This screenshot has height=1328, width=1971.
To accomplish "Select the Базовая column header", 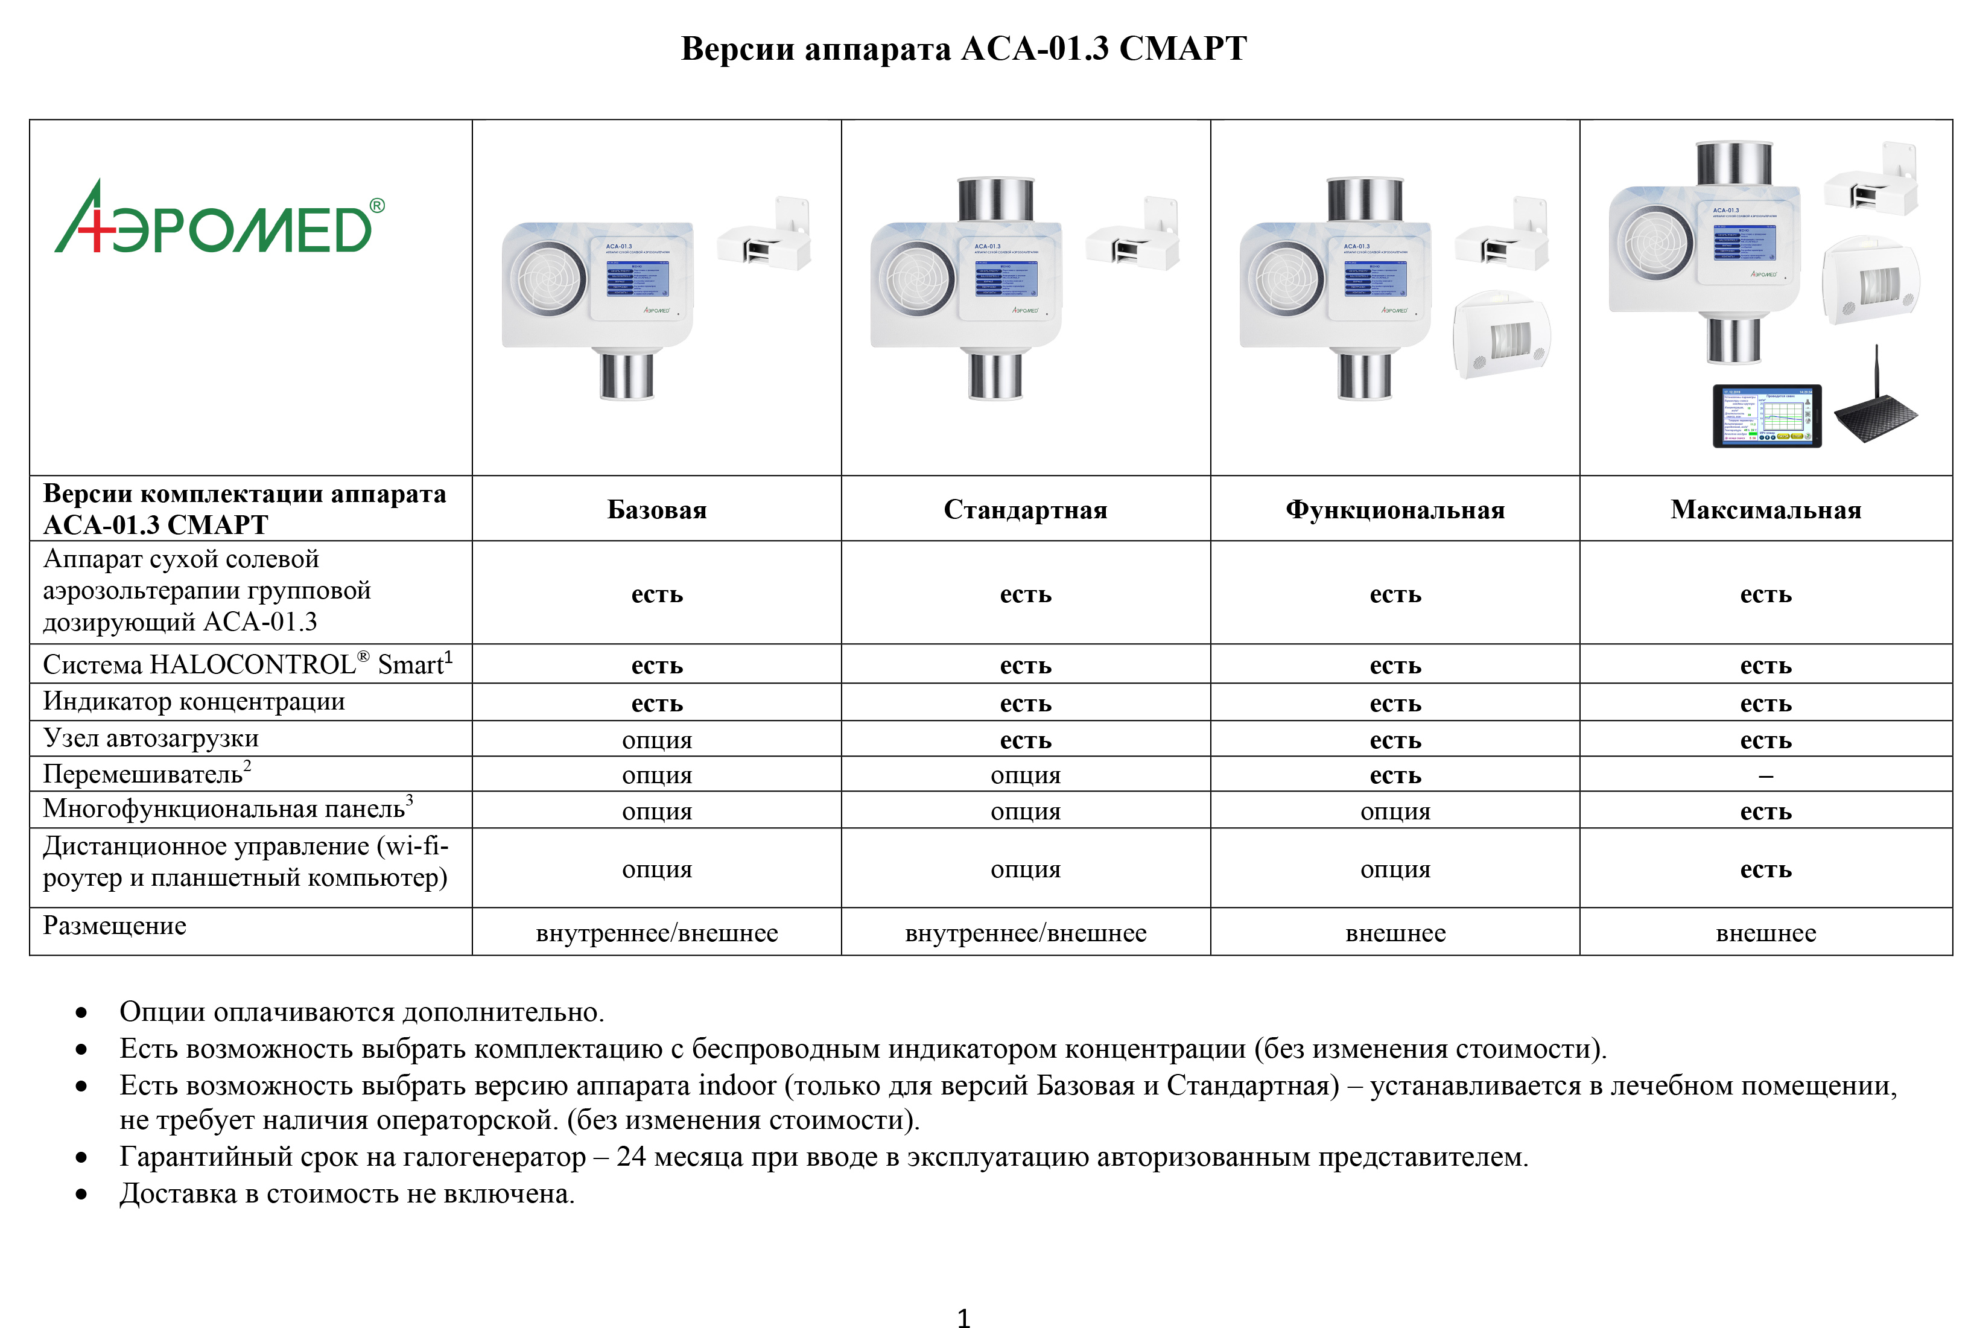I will (x=656, y=510).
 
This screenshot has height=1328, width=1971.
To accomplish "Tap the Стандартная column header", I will (x=1025, y=510).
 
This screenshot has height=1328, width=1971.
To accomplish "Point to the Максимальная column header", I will (x=1765, y=510).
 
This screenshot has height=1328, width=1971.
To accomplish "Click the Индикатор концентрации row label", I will (x=194, y=701).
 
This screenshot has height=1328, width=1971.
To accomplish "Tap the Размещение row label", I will (x=114, y=926).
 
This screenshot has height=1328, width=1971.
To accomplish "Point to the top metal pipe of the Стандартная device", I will (x=995, y=199).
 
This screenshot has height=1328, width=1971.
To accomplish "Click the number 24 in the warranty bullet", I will (x=630, y=1156).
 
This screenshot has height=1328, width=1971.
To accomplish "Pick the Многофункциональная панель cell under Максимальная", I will (x=1765, y=812).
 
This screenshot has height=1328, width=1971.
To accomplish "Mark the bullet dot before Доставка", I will (x=81, y=1194).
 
